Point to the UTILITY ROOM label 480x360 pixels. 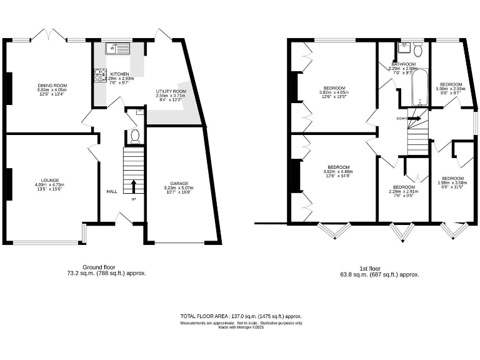(171, 91)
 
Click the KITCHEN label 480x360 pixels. (119, 74)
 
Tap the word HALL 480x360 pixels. (111, 192)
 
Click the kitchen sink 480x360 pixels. (118, 46)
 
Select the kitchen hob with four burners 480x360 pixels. (99, 75)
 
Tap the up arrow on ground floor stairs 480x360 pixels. (133, 186)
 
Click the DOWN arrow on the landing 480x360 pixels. (413, 117)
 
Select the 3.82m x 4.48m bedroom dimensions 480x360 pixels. (338, 172)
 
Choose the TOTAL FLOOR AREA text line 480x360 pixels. (241, 316)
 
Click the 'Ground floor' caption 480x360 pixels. (98, 267)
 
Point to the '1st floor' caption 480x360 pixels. (374, 267)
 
